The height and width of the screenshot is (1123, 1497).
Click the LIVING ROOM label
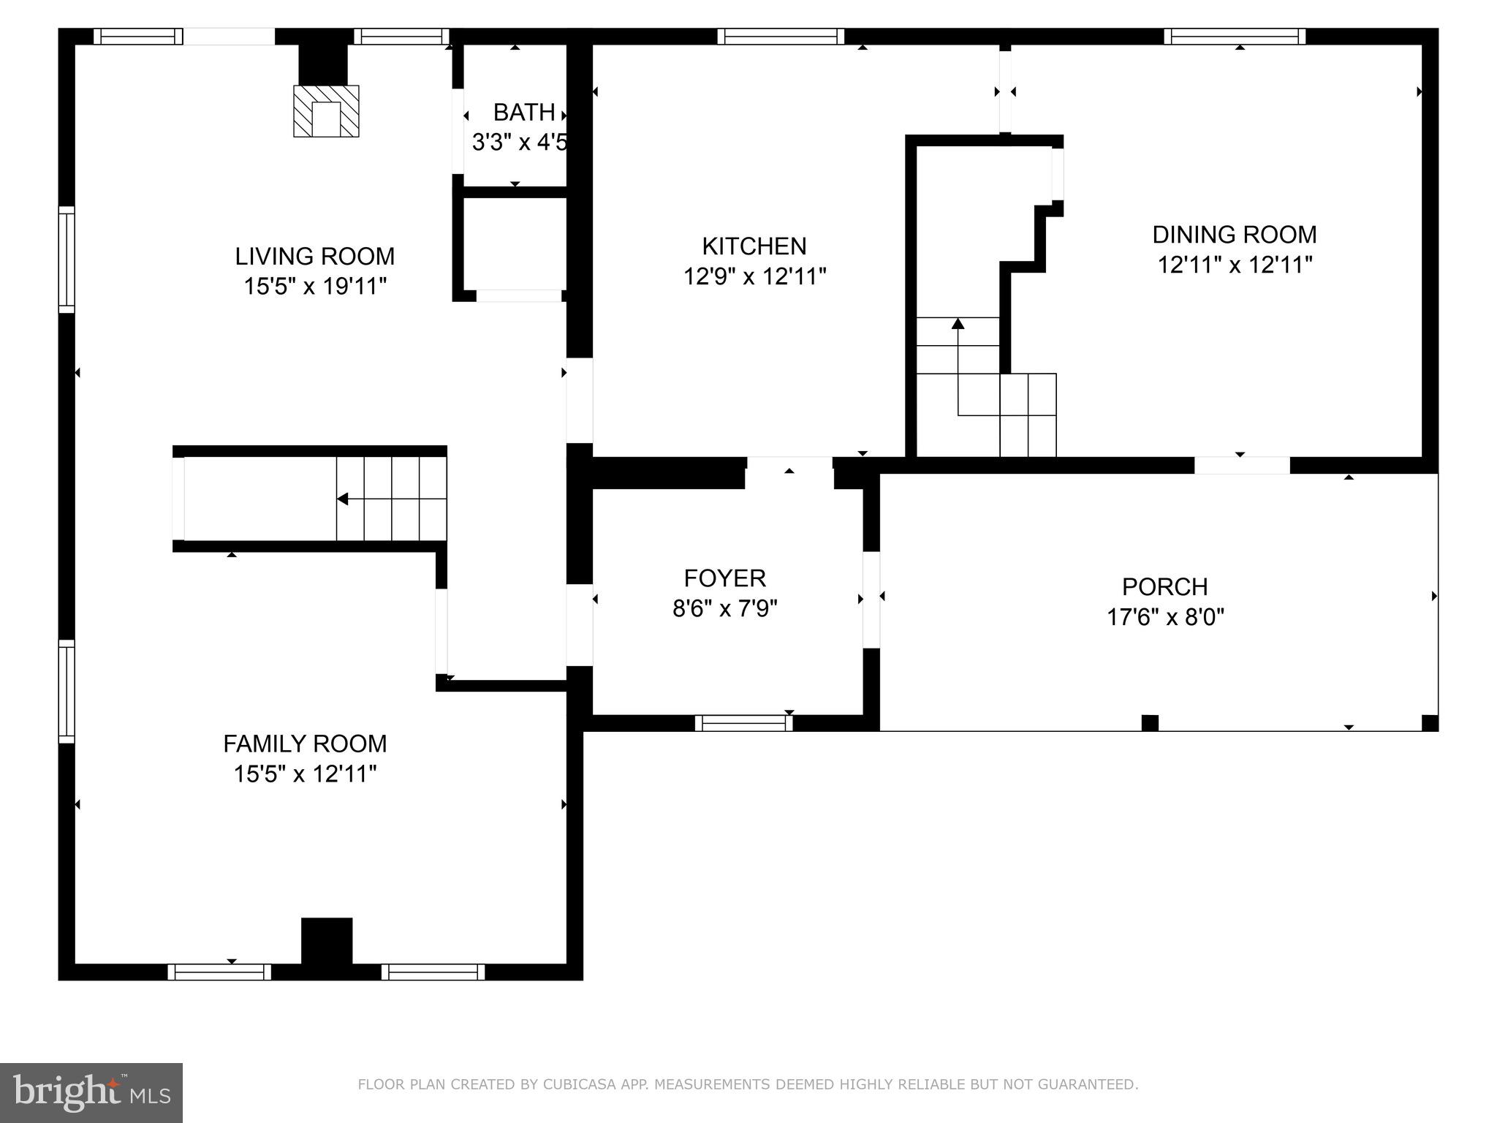314,256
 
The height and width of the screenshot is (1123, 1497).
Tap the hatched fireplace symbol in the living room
326,111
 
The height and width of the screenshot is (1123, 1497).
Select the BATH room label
523,113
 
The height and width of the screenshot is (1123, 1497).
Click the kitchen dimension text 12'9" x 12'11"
754,276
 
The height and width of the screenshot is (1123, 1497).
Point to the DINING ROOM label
1235,234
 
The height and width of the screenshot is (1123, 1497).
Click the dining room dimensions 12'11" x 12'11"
1235,265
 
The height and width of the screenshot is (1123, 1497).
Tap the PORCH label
1164,586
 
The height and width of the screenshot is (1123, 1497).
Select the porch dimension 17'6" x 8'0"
1164,617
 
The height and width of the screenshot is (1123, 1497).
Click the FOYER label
724,578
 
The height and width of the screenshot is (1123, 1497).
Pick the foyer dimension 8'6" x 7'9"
724,608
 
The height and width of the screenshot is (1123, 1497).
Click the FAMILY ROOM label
305,744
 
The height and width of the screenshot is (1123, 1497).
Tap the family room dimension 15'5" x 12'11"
305,774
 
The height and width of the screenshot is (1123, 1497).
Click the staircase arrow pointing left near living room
342,499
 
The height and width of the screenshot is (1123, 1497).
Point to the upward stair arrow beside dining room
958,324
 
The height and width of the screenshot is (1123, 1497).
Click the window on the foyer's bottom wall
743,723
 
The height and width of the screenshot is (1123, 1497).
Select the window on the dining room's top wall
1235,37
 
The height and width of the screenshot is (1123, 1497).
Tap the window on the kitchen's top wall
781,37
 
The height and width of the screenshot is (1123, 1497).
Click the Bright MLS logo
91,1092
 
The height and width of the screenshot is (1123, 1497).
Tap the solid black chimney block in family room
327,941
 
